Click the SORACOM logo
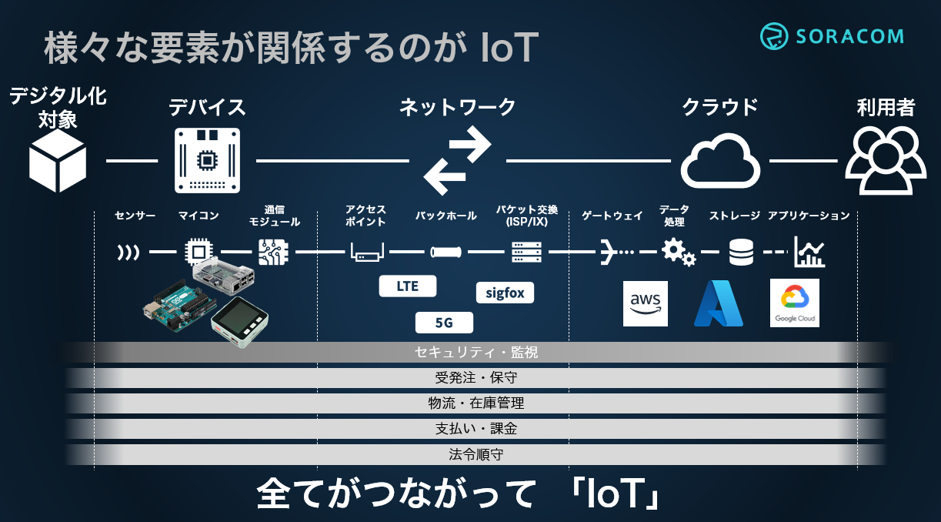pyautogui.click(x=831, y=36)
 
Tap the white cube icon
pyautogui.click(x=57, y=161)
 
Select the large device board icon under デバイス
pyautogui.click(x=206, y=159)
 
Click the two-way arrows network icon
pyautogui.click(x=457, y=161)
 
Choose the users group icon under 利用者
pyautogui.click(x=886, y=160)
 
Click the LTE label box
pyautogui.click(x=407, y=286)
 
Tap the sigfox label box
pyautogui.click(x=505, y=293)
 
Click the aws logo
pyautogui.click(x=645, y=303)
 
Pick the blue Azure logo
pyautogui.click(x=718, y=303)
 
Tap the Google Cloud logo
pyautogui.click(x=795, y=303)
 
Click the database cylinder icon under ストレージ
pyautogui.click(x=741, y=252)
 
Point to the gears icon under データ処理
pyautogui.click(x=678, y=252)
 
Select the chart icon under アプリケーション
pyautogui.click(x=809, y=252)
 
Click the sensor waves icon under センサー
pyautogui.click(x=128, y=252)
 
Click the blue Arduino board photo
pyautogui.click(x=177, y=309)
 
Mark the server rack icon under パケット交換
pyautogui.click(x=526, y=252)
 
